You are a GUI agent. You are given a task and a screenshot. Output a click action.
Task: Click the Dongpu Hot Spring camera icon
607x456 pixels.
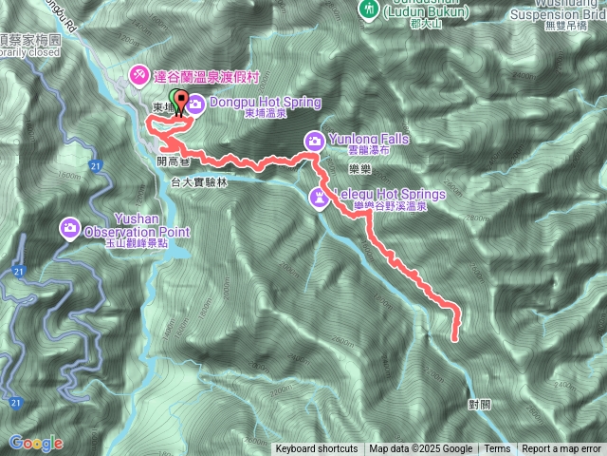pyautogui.click(x=195, y=103)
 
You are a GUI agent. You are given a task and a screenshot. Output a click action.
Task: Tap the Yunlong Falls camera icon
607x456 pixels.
pyautogui.click(x=314, y=142)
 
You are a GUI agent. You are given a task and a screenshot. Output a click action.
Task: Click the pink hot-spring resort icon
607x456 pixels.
pyautogui.click(x=138, y=73)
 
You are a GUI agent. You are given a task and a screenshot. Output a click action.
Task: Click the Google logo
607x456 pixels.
pyautogui.click(x=36, y=443)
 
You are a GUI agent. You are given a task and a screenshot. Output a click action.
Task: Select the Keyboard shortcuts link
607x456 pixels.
pyautogui.click(x=317, y=449)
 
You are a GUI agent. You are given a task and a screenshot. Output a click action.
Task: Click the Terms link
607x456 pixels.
pyautogui.click(x=497, y=449)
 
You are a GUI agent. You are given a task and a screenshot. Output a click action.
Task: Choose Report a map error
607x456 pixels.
pyautogui.click(x=561, y=449)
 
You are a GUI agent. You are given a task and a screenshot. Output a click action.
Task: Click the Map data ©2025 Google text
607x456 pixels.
pyautogui.click(x=420, y=449)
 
